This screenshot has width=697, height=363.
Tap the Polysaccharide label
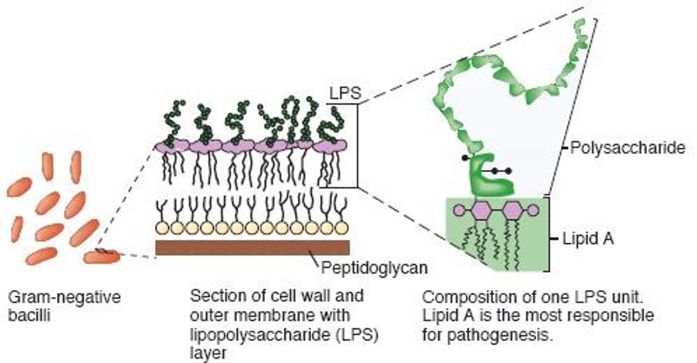[628, 147]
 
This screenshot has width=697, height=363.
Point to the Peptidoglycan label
[374, 267]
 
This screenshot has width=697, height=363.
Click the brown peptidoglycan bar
[252, 247]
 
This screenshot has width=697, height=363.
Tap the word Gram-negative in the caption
[64, 296]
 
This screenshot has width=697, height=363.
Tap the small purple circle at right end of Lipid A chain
[532, 210]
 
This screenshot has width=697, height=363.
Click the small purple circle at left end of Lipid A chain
[459, 210]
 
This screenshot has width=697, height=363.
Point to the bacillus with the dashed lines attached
[102, 256]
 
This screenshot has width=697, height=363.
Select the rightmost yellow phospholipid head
[341, 227]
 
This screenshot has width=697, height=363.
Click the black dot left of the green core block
[466, 158]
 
